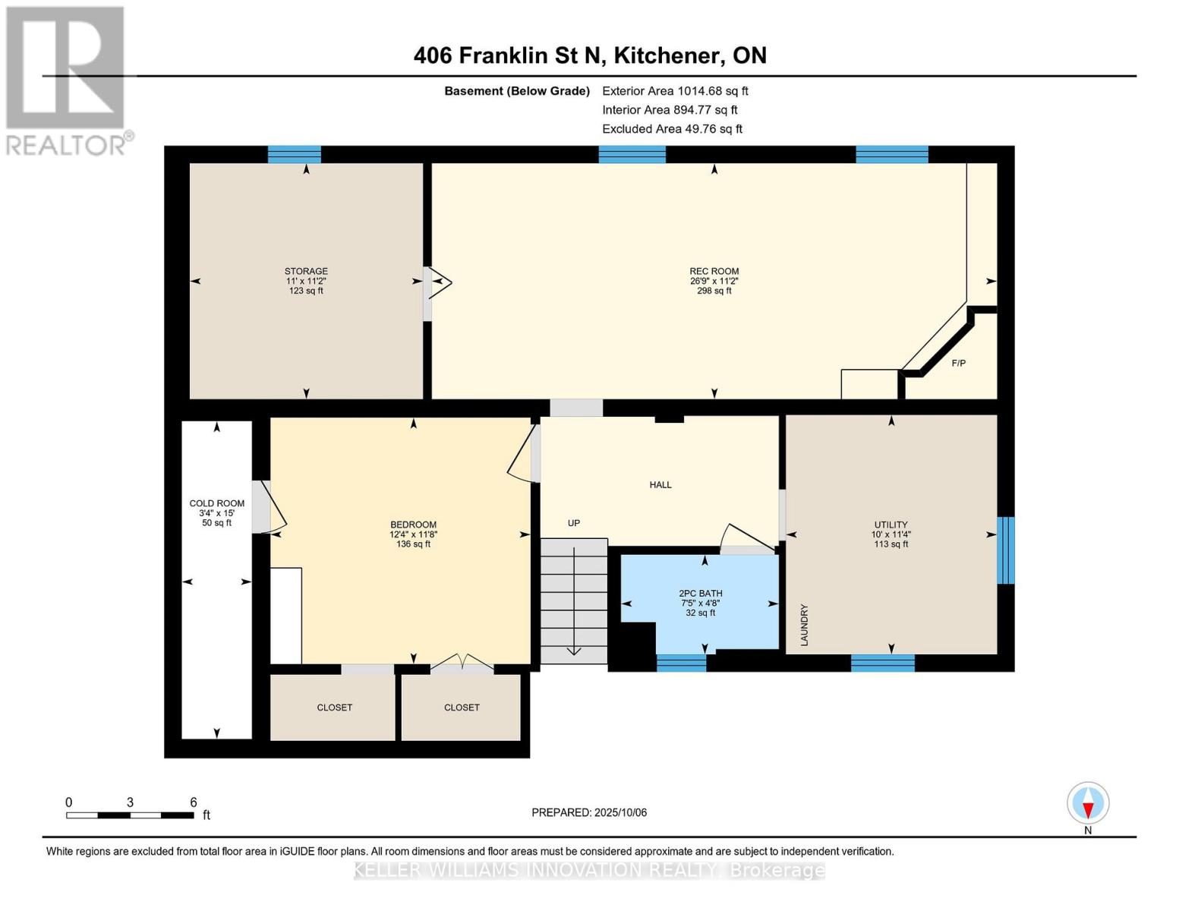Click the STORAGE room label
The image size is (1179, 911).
[x=306, y=272]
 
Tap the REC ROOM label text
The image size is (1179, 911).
[x=714, y=272]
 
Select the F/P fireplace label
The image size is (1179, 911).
[x=958, y=364]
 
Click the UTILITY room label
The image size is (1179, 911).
[x=891, y=525]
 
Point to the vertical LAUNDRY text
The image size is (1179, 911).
[x=804, y=625]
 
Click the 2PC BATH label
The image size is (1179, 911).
[x=700, y=594]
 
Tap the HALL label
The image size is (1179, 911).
[x=660, y=485]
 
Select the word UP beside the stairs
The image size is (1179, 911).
[x=574, y=523]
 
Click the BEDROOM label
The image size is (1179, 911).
[x=413, y=525]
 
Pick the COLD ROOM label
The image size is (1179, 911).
[x=217, y=503]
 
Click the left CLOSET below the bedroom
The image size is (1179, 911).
[x=334, y=708]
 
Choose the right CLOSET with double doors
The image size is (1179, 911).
[x=462, y=708]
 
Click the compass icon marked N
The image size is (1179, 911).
[x=1088, y=804]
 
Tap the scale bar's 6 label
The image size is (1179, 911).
[x=194, y=802]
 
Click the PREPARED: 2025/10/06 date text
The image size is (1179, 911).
[x=589, y=813]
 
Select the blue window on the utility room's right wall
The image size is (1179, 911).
[x=1005, y=550]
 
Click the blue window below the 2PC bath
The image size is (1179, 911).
[x=681, y=664]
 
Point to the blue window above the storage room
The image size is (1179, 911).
[x=295, y=155]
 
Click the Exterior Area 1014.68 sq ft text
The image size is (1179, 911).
[x=675, y=91]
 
